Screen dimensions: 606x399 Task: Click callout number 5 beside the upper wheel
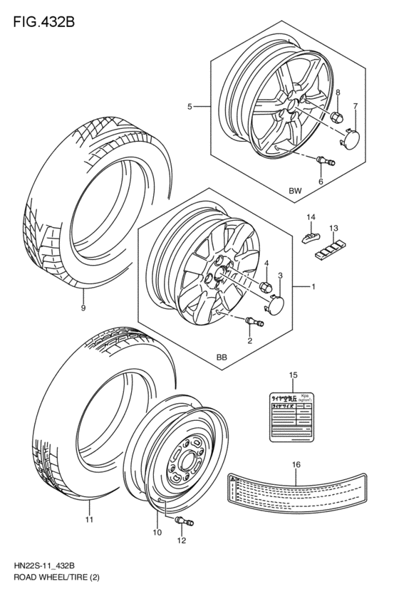[x=190, y=107]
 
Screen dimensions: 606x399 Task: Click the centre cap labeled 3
[x=274, y=305]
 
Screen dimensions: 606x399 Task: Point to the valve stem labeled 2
[x=254, y=324]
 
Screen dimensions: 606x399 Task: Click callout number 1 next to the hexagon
[x=313, y=287]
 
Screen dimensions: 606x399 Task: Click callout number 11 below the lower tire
[x=89, y=521]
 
